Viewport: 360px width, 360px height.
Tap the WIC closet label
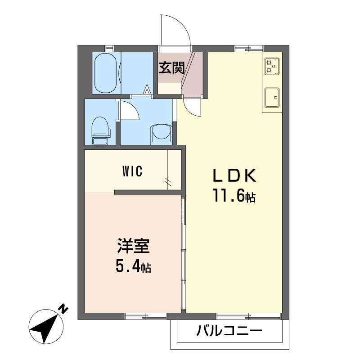[132, 171]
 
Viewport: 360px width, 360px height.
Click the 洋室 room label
[133, 247]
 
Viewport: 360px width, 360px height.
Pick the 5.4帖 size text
[133, 267]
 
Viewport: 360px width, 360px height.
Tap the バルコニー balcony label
[229, 333]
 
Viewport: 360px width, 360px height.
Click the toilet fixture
[100, 130]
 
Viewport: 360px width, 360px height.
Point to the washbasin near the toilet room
[161, 133]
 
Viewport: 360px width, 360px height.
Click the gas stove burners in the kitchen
[271, 66]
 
